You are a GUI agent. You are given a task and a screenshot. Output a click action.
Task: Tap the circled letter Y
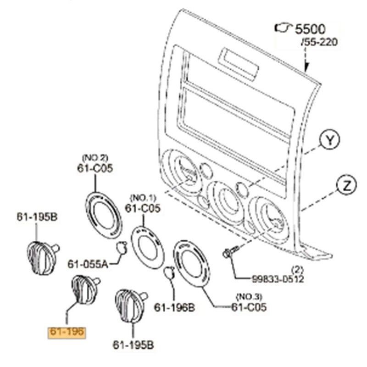(329, 140)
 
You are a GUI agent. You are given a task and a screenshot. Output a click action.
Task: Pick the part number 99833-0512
(278, 278)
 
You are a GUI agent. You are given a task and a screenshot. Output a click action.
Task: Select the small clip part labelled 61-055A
(122, 247)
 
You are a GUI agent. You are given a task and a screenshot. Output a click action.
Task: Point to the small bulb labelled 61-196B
(168, 273)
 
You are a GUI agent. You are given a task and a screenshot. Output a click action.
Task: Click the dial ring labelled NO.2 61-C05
(104, 215)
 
